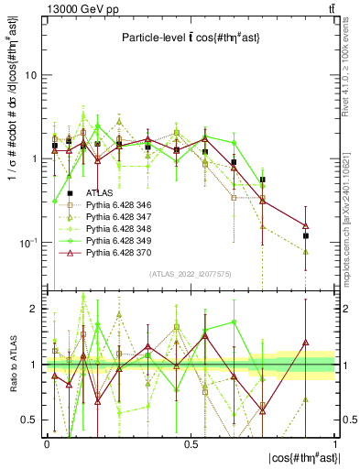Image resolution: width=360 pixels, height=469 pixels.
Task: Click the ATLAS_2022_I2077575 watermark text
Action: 189,273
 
